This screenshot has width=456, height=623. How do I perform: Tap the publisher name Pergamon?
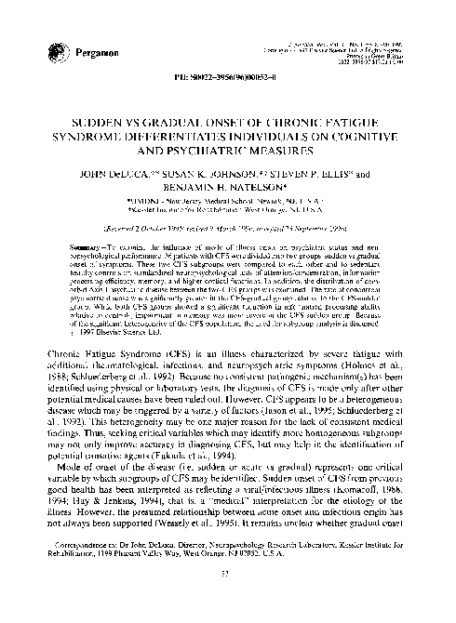click(x=91, y=50)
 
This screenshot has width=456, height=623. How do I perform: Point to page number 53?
click(x=228, y=598)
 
